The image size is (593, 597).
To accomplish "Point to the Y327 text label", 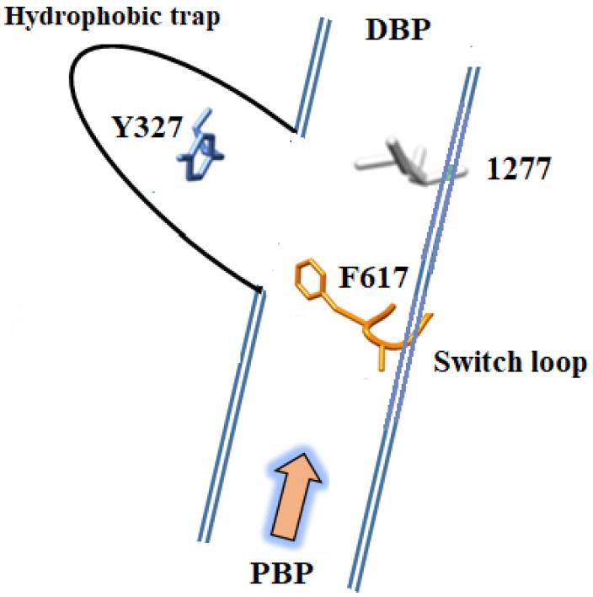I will point(147,129).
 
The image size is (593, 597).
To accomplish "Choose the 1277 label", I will point(517,171).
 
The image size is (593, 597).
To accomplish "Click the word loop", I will point(551,364).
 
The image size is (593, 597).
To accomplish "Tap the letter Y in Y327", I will point(120,129).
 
